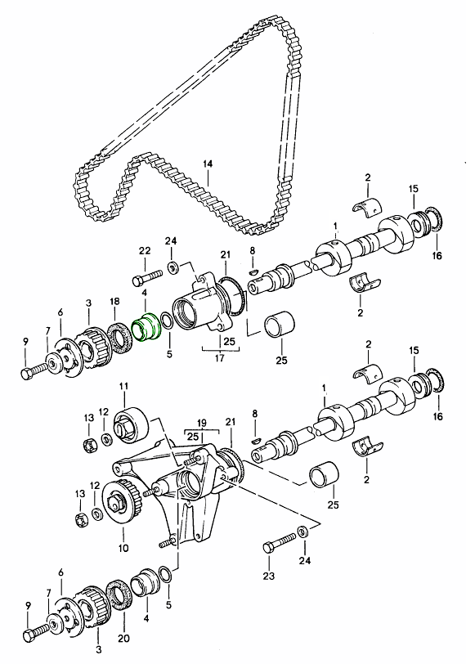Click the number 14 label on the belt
pos(208,164)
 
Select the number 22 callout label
pos(145,251)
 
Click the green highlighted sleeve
pos(146,326)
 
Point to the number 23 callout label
pos(268,576)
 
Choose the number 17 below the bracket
pos(219,358)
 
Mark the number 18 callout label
pos(114,302)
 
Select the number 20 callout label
pos(123,638)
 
